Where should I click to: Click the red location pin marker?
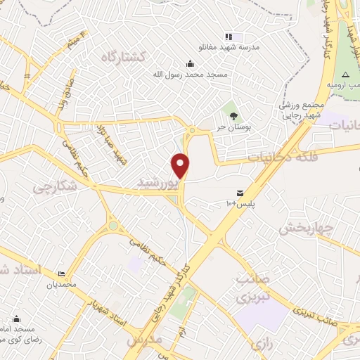coord(181,165)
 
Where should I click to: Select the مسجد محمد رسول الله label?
coord(187,72)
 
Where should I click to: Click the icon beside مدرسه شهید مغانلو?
coord(228,37)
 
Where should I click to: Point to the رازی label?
coord(260,345)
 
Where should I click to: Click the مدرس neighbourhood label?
coord(145,340)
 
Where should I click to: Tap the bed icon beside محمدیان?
coord(60,274)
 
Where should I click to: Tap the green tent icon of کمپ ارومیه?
coord(345,75)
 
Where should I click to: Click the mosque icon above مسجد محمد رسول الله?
coord(188,63)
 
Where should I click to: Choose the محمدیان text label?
coord(60,285)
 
